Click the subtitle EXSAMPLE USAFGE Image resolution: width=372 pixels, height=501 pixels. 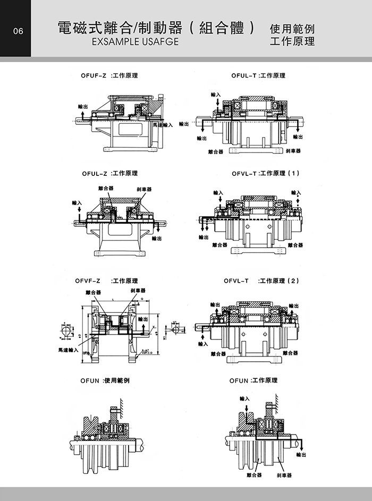coord(136,41)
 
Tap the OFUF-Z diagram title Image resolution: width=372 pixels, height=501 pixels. coord(109,76)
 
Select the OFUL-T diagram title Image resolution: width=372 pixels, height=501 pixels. coord(258,76)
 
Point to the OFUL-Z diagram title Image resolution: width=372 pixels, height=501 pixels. coord(109,173)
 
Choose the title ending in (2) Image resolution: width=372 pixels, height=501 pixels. coord(262,281)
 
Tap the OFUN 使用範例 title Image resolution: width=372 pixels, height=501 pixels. coord(105,381)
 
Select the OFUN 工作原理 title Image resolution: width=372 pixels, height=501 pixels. coord(253,381)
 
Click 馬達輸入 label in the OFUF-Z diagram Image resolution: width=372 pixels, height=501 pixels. coord(163,125)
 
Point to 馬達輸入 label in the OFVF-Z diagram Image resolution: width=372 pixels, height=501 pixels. coord(69,350)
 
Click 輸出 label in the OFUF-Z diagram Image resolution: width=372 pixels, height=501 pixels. coord(83,107)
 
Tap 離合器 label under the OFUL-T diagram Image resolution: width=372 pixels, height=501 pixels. coord(216,151)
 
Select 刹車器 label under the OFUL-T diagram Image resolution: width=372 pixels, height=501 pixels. coord(293,151)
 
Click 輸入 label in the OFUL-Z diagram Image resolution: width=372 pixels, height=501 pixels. coord(77,202)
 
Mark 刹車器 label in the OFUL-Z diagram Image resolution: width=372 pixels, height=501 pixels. coord(144,190)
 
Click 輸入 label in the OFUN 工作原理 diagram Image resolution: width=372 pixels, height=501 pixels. coord(244,398)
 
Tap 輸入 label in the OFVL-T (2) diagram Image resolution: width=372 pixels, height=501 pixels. coord(202,344)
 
